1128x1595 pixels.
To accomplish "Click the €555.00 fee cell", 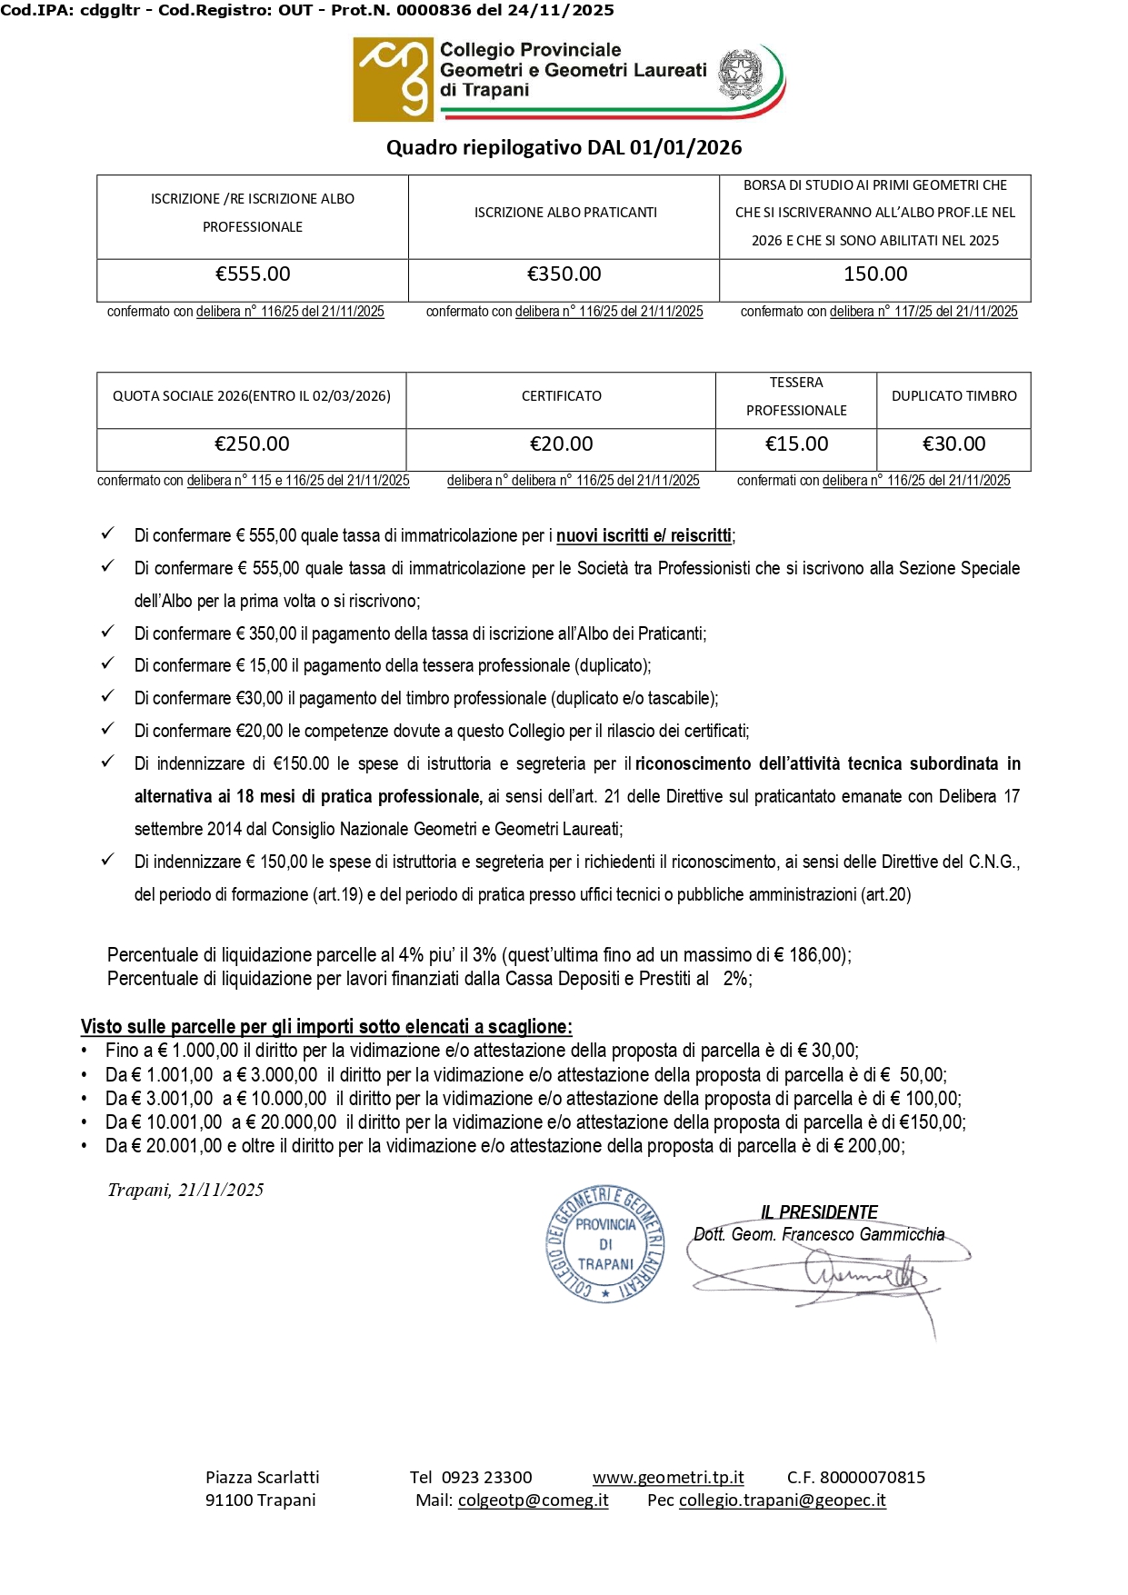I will [x=253, y=274].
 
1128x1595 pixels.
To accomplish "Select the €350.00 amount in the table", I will [x=564, y=274].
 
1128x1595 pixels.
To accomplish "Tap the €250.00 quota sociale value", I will [x=252, y=444].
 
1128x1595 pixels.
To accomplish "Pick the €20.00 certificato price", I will [x=561, y=444].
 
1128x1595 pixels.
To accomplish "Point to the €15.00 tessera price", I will [x=796, y=444].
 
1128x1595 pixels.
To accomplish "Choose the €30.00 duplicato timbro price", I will [x=953, y=444].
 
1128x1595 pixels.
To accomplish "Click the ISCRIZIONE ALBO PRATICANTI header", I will [x=564, y=213].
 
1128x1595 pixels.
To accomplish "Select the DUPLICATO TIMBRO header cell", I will [x=953, y=396].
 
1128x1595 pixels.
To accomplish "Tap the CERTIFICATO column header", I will [x=561, y=396].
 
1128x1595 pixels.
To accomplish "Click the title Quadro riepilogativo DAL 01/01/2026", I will [x=564, y=148].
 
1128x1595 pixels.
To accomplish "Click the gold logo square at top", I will [x=393, y=80].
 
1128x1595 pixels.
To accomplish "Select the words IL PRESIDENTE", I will [x=819, y=1212].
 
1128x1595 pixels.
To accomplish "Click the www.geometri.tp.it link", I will [x=668, y=1478].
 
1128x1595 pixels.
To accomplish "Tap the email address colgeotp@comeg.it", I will [x=533, y=1500].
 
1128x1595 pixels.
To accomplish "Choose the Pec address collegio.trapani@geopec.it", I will [x=782, y=1500].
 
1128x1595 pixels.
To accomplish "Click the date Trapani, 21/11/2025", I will [x=185, y=1191].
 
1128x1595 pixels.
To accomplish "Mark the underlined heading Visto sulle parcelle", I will [x=326, y=1027].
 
